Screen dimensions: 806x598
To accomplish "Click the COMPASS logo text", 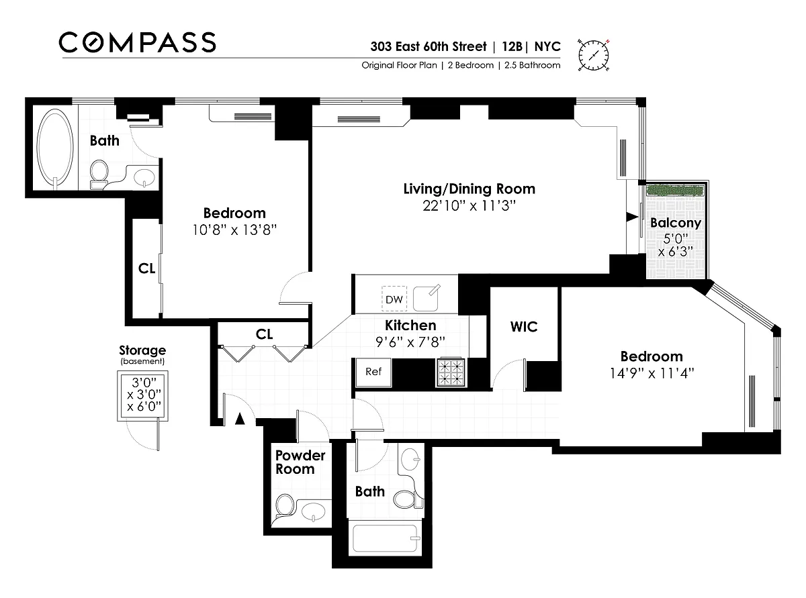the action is coord(138,42).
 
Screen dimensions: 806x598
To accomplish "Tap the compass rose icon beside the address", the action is coord(593,55).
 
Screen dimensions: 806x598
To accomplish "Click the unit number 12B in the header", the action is coord(512,46).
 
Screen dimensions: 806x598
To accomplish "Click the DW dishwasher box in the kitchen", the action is coord(394,299).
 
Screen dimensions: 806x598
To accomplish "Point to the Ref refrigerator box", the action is coord(373,372).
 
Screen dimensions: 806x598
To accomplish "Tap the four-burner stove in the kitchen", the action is coord(451,372).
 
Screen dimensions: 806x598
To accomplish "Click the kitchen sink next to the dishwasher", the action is coord(426,298).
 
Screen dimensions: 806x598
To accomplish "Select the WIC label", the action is coord(524,326).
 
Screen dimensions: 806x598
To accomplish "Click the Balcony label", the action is coord(676,223).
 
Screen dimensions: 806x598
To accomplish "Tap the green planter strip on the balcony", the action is coord(676,190).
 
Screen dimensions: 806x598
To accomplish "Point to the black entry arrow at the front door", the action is coord(240,419).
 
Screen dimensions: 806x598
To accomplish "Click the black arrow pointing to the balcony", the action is coord(632,217).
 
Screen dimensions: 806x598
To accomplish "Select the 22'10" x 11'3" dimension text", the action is coord(469,206).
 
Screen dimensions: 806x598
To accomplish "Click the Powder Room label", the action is coord(300,462).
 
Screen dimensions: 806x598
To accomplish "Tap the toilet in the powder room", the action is coord(284,507).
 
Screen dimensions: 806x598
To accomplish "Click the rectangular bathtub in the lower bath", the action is coord(385,539).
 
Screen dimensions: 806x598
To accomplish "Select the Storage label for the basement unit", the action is coord(142,350).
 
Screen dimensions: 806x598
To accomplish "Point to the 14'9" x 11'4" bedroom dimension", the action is coord(652,373).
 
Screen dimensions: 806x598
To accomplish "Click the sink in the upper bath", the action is coord(144,178).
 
